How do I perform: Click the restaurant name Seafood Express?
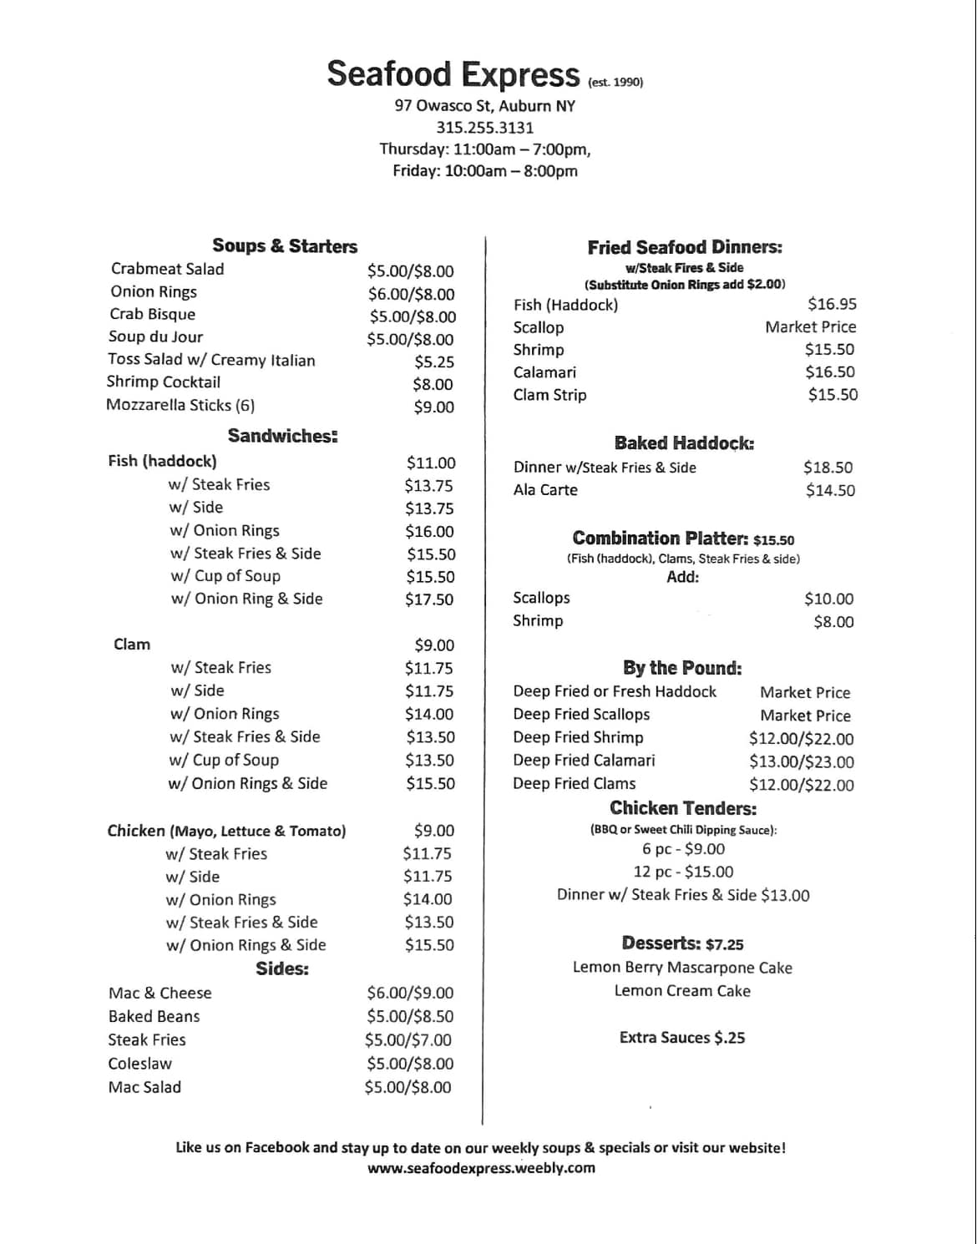coord(453,74)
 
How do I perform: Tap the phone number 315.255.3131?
coord(484,128)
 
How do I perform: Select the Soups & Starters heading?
coord(284,245)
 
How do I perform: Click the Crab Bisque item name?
coord(152,314)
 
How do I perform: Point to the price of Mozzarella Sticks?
coord(433,407)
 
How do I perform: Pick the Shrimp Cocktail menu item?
coord(164,382)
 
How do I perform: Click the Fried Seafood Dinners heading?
coord(685,247)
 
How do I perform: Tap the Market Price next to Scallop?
coord(810,327)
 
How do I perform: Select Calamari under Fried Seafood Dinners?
coord(544,372)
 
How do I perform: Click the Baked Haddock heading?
coord(684,443)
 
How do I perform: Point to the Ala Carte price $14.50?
coord(830,491)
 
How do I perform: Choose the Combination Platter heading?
coord(661,539)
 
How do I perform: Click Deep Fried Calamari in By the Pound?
coord(584,761)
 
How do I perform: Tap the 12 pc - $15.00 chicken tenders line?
coord(683,872)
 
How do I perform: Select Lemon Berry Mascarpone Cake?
coord(682,968)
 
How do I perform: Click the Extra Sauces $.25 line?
coord(682,1038)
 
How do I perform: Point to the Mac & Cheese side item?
coord(159,993)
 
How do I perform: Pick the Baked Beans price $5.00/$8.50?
coord(410,1017)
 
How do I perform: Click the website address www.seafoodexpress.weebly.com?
coord(481,1169)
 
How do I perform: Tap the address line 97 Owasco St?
coord(484,106)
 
